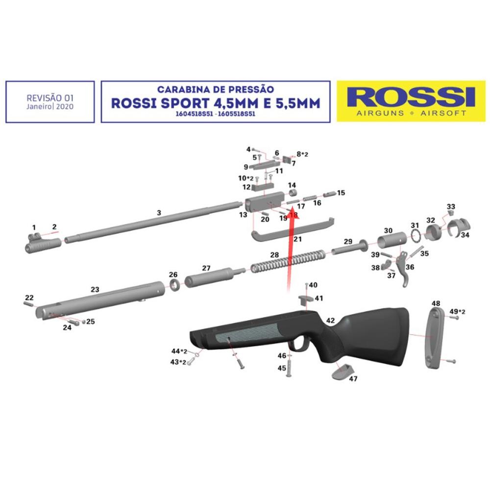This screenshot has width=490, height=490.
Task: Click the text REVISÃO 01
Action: (50, 98)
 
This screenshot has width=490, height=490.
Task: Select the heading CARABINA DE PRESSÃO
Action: (216, 90)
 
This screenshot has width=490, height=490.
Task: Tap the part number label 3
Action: (158, 213)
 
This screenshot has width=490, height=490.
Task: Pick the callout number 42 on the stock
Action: (330, 320)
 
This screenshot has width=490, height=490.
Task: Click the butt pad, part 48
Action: (434, 338)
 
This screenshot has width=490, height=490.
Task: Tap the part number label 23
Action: (95, 290)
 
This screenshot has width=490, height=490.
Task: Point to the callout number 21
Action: (297, 239)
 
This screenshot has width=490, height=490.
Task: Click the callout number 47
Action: (353, 379)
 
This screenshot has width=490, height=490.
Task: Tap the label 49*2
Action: (457, 312)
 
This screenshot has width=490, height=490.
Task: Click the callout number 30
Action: (388, 230)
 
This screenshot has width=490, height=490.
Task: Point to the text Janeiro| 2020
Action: (50, 107)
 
